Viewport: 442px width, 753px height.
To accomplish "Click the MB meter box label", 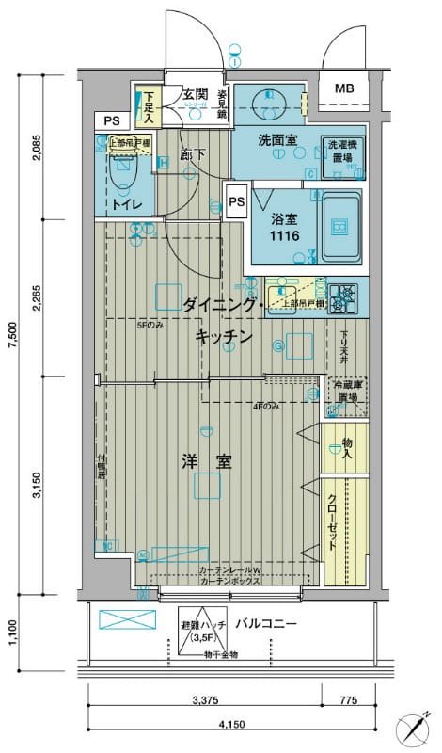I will click(344, 89).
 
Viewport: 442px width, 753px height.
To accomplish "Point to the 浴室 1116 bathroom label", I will click(285, 228).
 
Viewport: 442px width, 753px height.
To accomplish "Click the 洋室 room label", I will click(207, 461).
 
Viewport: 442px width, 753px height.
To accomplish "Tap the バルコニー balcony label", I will click(266, 624).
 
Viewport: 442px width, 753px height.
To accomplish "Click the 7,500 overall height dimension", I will click(11, 335).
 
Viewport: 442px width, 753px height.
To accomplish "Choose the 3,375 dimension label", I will click(205, 699).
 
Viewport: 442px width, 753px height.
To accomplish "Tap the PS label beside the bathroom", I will click(235, 200).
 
